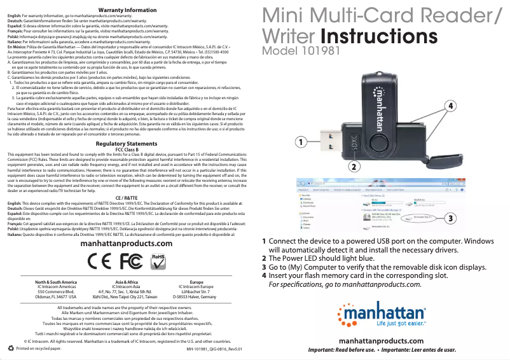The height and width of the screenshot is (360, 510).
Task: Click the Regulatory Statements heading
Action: [x=127, y=144]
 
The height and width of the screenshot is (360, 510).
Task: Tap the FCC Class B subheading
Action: [x=127, y=150]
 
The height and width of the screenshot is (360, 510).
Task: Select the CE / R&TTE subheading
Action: [x=127, y=198]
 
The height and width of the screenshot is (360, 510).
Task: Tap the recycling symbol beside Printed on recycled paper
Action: [x=10, y=348]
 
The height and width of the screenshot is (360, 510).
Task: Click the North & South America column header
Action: [x=56, y=281]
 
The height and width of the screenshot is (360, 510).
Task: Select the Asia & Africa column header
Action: [x=127, y=281]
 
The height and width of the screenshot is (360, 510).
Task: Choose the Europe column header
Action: [x=196, y=281]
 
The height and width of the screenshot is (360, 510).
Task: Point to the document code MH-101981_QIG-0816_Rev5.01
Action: [x=214, y=349]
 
